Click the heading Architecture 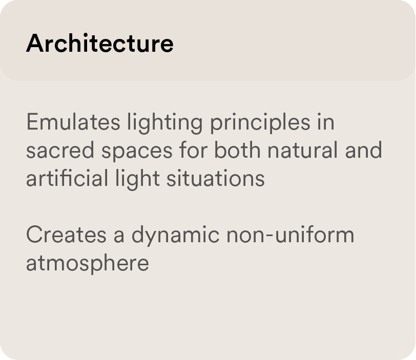[100, 43]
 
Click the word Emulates [73, 122]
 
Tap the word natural [302, 150]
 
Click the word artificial [67, 179]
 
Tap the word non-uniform [290, 235]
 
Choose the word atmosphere [88, 264]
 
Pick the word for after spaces [193, 150]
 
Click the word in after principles [325, 122]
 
